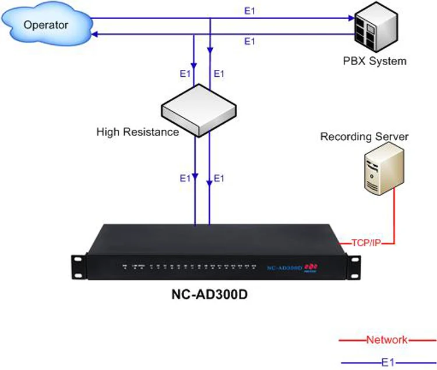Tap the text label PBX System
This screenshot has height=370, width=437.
coord(375,61)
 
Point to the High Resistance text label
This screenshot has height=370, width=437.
coord(138,132)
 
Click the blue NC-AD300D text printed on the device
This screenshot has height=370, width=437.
coord(283,268)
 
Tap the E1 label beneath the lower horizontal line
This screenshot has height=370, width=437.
coord(250,41)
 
